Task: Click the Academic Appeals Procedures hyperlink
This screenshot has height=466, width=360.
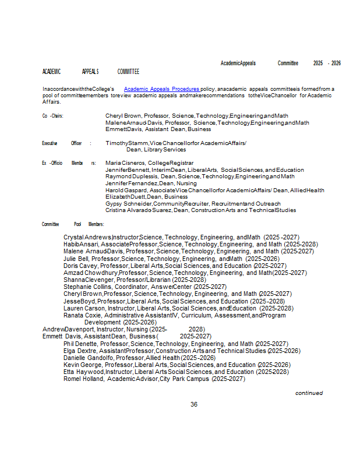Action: coord(161,89)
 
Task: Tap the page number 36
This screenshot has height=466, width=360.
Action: coord(194,404)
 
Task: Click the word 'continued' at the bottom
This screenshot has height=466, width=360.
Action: coord(309,393)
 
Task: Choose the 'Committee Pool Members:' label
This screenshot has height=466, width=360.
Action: coord(73,224)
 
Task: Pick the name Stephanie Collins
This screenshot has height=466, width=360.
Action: coord(86,287)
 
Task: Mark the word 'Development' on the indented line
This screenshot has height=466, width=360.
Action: coord(103,322)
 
